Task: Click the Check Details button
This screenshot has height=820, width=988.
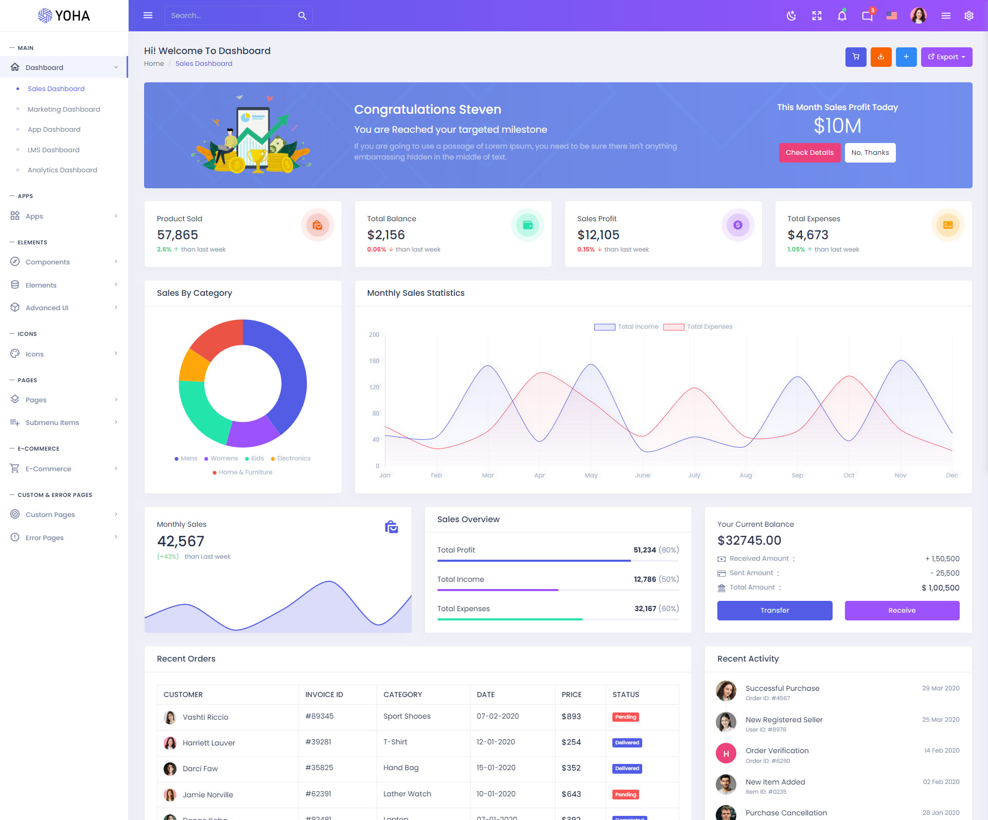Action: (x=809, y=153)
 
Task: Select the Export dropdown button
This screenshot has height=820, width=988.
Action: (x=946, y=57)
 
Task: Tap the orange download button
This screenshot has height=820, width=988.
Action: (x=881, y=57)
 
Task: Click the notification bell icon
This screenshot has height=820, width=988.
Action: (x=842, y=16)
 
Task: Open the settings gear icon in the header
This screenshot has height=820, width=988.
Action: (x=969, y=16)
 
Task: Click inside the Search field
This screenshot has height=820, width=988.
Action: (x=232, y=16)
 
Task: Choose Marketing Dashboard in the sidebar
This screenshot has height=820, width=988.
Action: (x=64, y=109)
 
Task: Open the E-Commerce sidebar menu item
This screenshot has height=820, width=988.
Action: (x=48, y=469)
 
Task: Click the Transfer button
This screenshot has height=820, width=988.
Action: (x=774, y=611)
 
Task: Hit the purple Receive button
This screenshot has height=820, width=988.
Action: (x=902, y=611)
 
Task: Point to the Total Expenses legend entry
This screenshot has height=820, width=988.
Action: (x=709, y=327)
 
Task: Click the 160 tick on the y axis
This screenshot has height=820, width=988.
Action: (x=374, y=361)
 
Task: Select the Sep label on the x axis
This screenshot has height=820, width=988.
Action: (x=797, y=475)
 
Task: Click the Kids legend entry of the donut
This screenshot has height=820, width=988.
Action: (x=257, y=458)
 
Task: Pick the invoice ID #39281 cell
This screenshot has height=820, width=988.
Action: (x=318, y=742)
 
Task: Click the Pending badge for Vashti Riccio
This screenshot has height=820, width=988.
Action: (x=625, y=717)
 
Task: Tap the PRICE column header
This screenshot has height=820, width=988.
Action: (x=572, y=694)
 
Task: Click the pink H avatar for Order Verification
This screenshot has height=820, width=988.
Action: (x=726, y=754)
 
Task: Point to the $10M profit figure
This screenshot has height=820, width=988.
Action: (x=837, y=126)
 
